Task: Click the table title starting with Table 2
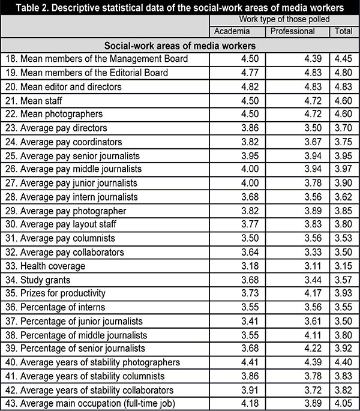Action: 180,8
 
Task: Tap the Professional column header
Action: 292,31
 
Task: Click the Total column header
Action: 344,31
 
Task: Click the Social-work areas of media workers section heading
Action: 180,45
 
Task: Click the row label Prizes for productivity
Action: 58,293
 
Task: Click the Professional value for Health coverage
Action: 313,266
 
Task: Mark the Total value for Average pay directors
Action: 344,128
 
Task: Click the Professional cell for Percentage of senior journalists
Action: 313,349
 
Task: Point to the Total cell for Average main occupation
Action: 344,404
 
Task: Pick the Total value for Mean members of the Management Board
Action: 344,59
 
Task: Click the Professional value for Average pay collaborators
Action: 313,252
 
